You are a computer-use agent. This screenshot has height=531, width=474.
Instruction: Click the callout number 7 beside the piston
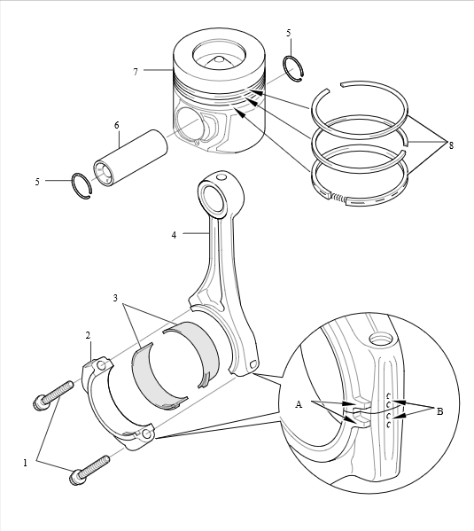click(x=136, y=72)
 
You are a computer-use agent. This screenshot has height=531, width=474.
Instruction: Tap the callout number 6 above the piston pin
click(x=117, y=125)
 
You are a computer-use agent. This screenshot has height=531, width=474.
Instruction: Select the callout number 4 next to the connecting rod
click(x=174, y=235)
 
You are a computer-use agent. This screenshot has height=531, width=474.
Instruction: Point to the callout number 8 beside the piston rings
click(x=451, y=145)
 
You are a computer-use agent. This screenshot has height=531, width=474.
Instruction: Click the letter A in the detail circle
click(x=299, y=404)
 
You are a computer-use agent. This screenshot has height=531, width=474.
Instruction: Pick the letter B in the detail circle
click(x=439, y=412)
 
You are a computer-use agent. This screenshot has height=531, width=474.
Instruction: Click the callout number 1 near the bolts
click(x=25, y=463)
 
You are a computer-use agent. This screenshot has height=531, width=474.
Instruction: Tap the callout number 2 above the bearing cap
click(x=88, y=336)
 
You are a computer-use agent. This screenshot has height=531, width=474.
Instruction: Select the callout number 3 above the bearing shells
click(x=115, y=298)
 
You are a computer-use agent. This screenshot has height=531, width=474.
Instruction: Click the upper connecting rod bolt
click(x=53, y=394)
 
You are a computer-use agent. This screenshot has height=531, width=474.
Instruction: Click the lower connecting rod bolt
click(x=89, y=471)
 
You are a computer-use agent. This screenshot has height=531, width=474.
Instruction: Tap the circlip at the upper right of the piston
click(x=293, y=68)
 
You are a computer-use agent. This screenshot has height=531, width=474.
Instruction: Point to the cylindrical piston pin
click(x=130, y=158)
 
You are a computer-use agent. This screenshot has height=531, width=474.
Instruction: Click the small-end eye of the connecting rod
click(x=213, y=197)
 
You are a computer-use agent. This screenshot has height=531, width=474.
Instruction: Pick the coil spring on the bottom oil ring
click(x=338, y=198)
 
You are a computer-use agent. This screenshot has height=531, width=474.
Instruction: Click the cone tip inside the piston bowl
click(x=219, y=59)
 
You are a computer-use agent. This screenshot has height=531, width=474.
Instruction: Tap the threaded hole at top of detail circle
click(x=381, y=339)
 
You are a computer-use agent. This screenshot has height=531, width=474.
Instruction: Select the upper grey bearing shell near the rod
click(x=191, y=352)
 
